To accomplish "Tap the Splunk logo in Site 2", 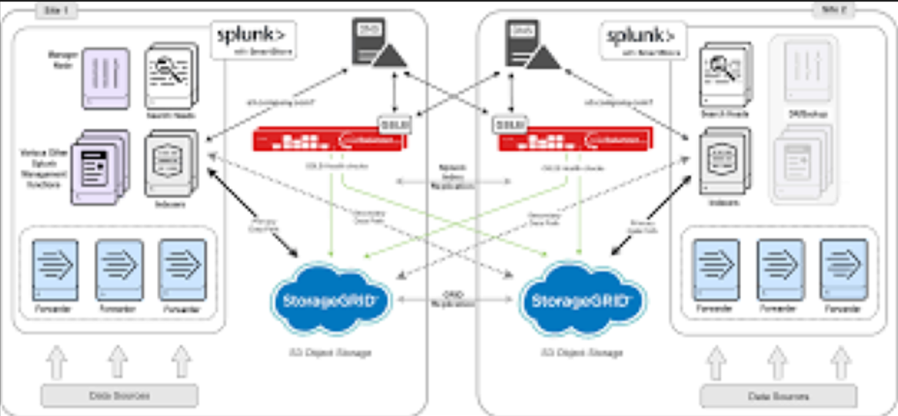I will pos(641,38).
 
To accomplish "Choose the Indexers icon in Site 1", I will pos(171,162).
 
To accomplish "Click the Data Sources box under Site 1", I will pos(119,395).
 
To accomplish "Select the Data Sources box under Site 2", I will pos(778,396).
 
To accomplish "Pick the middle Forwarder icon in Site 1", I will pos(119,270).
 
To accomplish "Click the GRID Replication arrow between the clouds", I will pos(457,299).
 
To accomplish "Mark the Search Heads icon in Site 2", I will pos(723,77).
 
